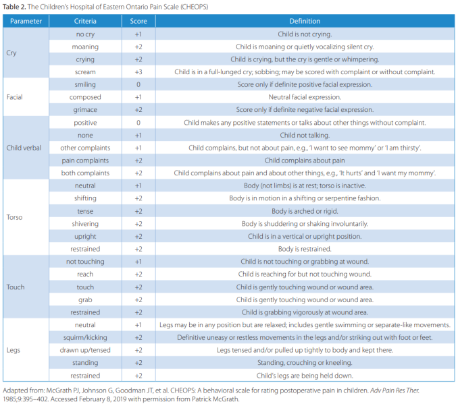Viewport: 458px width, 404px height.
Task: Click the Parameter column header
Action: point(26,21)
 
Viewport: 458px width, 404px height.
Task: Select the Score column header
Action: point(138,21)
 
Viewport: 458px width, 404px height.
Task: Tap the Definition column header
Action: point(305,21)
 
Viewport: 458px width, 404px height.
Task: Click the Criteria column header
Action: point(85,21)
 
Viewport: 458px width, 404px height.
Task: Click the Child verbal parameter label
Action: point(24,148)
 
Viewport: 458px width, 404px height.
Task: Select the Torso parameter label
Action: point(15,218)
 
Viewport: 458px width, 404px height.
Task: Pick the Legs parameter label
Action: point(14,350)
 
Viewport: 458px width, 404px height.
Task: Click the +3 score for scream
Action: point(138,72)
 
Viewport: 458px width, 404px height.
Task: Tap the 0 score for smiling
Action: point(138,84)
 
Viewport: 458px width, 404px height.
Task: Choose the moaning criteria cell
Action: point(85,47)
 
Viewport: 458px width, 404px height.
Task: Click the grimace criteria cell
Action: point(85,110)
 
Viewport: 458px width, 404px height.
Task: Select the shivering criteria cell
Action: point(85,224)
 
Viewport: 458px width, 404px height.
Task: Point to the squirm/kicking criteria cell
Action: point(85,337)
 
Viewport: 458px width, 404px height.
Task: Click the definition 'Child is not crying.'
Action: point(305,34)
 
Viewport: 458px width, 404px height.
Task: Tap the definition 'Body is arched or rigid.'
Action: point(305,211)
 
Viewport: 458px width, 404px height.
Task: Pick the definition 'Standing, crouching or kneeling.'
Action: point(305,363)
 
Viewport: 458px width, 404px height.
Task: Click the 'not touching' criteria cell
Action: point(85,262)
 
